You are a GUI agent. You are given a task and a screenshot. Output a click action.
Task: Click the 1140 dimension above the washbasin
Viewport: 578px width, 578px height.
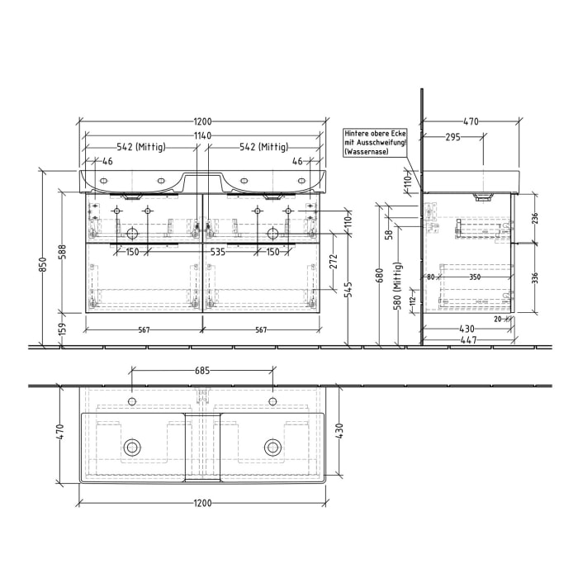pyautogui.click(x=202, y=135)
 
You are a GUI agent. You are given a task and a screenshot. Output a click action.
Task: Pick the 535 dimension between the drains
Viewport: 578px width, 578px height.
pyautogui.click(x=218, y=251)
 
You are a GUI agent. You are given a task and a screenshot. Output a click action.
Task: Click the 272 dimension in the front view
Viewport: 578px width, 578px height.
pyautogui.click(x=333, y=263)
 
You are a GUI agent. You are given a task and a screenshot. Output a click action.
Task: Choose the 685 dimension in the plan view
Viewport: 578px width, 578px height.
pyautogui.click(x=202, y=371)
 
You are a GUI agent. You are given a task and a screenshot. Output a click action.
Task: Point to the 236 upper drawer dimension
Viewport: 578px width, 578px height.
pyautogui.click(x=534, y=218)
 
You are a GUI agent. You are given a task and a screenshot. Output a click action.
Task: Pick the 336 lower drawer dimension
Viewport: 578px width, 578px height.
pyautogui.click(x=534, y=277)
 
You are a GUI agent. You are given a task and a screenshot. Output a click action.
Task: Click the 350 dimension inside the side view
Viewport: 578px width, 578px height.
pyautogui.click(x=474, y=277)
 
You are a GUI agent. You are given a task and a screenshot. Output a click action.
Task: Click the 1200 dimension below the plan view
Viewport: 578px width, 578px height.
pyautogui.click(x=202, y=502)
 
